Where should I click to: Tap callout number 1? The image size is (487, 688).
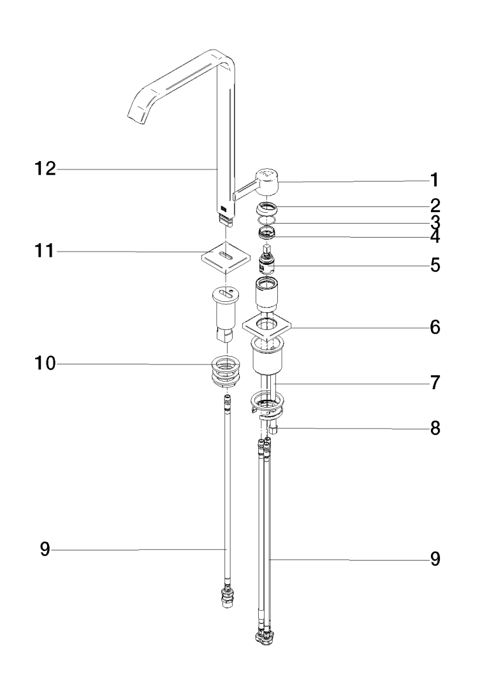click(434, 180)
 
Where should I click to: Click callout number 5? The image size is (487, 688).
click(434, 264)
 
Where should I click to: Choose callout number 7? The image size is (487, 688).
click(434, 383)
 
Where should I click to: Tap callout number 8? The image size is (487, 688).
click(434, 428)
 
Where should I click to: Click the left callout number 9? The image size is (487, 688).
click(45, 549)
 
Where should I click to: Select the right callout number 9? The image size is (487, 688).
click(434, 559)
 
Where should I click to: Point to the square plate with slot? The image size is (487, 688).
click(223, 257)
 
